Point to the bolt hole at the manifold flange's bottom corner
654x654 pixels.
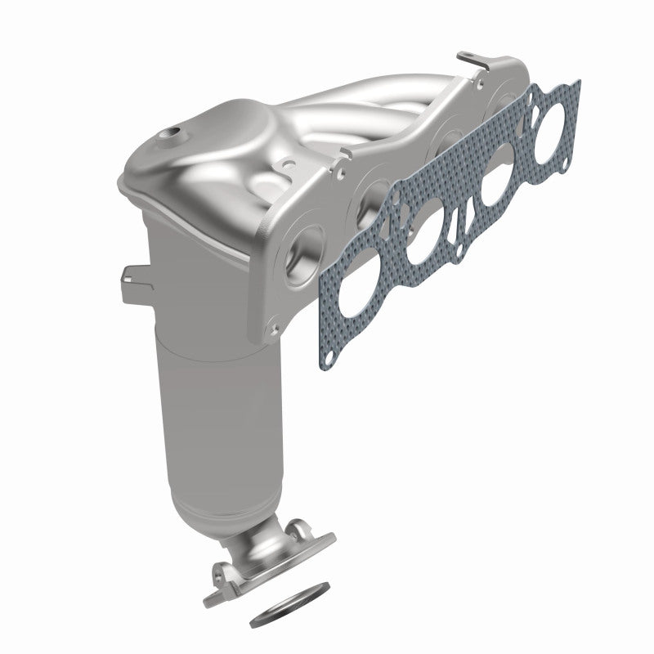(x=273, y=328)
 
